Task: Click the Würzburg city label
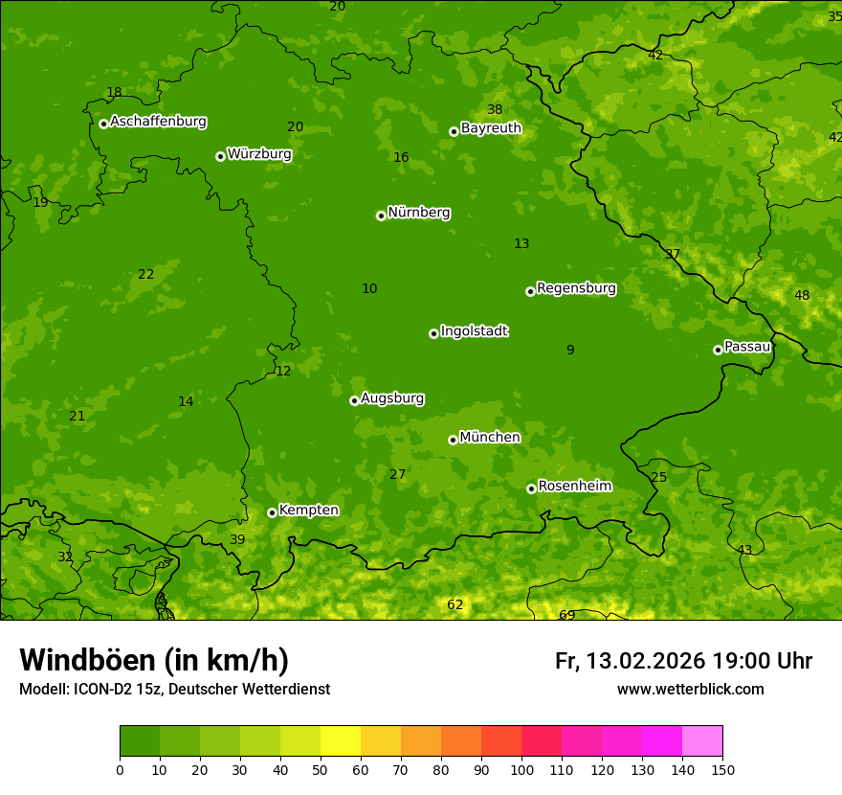[x=259, y=154]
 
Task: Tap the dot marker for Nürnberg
[x=381, y=216]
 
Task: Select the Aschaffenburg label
[x=158, y=122]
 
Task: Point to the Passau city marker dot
[x=718, y=350]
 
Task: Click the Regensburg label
[x=576, y=288]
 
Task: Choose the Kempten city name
[x=308, y=511]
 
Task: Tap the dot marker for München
[x=453, y=440]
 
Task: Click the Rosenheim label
[x=574, y=487]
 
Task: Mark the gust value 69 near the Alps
[x=567, y=615]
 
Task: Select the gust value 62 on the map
[x=455, y=604]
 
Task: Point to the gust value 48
[x=802, y=295]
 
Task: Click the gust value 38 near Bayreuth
[x=495, y=109]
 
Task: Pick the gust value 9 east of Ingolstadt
[x=570, y=350]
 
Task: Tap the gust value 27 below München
[x=398, y=474]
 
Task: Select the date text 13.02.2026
[x=646, y=661]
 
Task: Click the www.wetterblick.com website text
[x=690, y=689]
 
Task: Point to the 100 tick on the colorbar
[x=521, y=769]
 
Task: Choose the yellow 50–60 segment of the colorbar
[x=341, y=740]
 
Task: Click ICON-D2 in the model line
[x=100, y=689]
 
